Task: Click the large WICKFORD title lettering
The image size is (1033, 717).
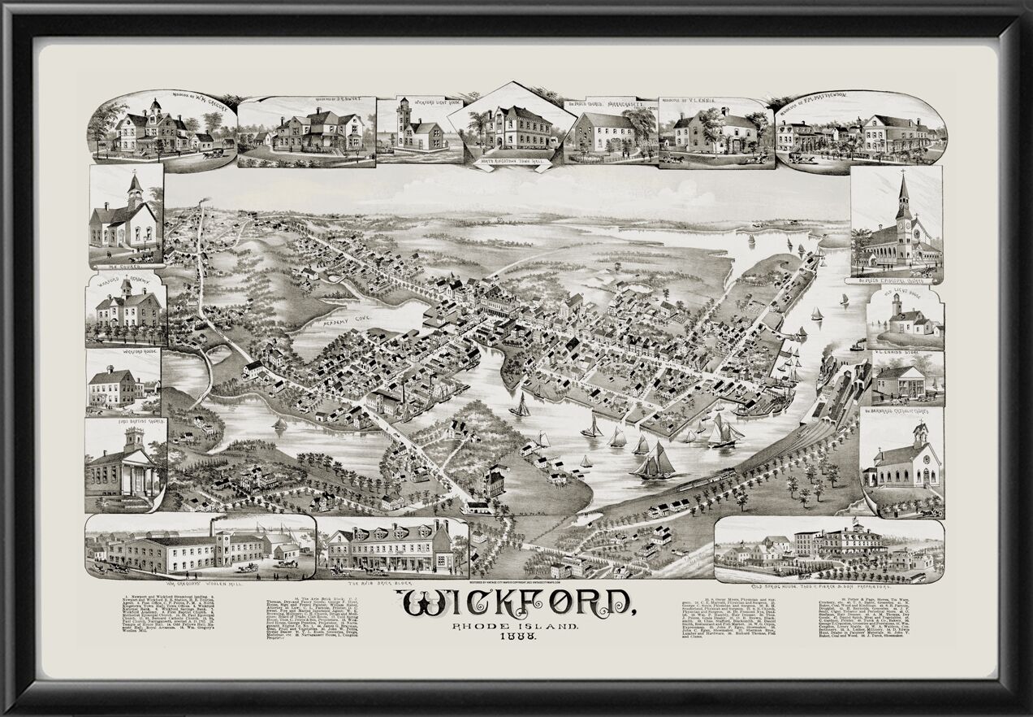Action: pyautogui.click(x=516, y=604)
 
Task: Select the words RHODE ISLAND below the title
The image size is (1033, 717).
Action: pyautogui.click(x=516, y=628)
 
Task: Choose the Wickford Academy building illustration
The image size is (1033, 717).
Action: pyautogui.click(x=126, y=310)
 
